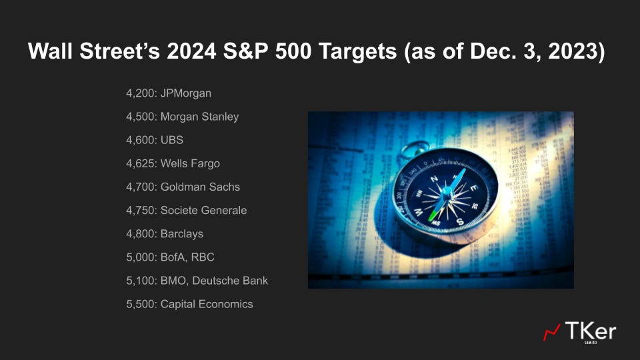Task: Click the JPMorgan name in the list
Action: click(x=186, y=93)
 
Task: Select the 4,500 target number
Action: click(x=140, y=117)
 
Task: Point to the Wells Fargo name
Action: click(x=190, y=163)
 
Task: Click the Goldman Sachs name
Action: click(x=200, y=187)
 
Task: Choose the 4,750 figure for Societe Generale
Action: click(x=140, y=210)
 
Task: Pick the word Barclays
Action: click(x=182, y=234)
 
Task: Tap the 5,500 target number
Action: click(x=140, y=304)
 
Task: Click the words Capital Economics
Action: click(x=207, y=304)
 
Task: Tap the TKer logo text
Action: click(x=591, y=331)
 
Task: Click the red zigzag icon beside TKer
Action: click(x=552, y=332)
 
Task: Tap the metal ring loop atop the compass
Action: click(x=417, y=147)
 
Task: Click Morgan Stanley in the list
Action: click(x=199, y=117)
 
